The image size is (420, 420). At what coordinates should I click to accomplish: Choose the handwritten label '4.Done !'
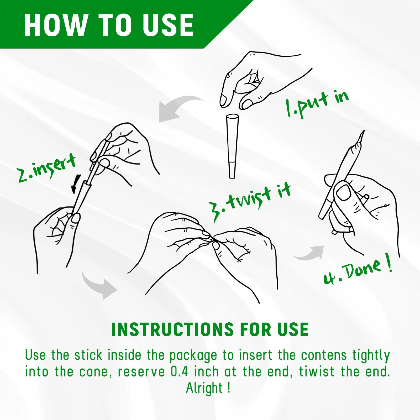tap(358, 270)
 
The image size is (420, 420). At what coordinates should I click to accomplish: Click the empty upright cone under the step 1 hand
tap(232, 146)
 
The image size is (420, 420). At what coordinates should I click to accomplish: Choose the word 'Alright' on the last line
tap(204, 388)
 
